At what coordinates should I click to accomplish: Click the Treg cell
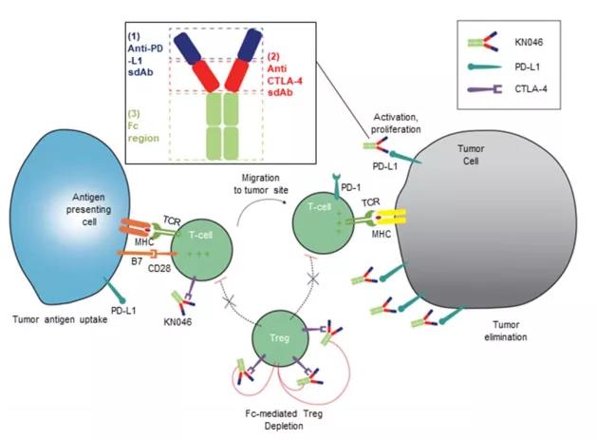point(279,338)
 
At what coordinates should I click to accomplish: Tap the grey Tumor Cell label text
point(471,155)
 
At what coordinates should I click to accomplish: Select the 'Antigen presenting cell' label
point(89,209)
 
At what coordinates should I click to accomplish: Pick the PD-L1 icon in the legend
point(486,67)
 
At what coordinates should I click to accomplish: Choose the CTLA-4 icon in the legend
point(485,89)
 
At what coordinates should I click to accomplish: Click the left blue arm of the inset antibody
point(187,48)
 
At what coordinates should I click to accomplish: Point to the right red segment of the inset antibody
point(237,75)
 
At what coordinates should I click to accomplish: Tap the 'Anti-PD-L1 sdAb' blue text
point(144,54)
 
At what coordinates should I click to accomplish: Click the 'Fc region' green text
point(143,126)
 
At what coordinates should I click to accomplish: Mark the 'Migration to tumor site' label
point(261,183)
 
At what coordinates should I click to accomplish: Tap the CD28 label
point(159,269)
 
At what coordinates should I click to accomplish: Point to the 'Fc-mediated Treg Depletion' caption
point(284,419)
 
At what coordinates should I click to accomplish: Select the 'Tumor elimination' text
point(506,331)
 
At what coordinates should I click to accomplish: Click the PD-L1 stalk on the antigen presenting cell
point(114,290)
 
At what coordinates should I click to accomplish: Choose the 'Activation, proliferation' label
point(396,123)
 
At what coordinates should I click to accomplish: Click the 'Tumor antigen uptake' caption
point(60,319)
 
